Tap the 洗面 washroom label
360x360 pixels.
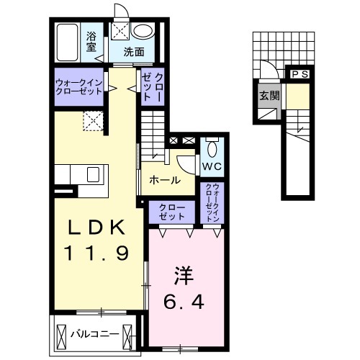click(x=132, y=51)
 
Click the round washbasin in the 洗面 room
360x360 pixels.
click(x=144, y=31)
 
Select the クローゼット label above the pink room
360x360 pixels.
click(x=172, y=212)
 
